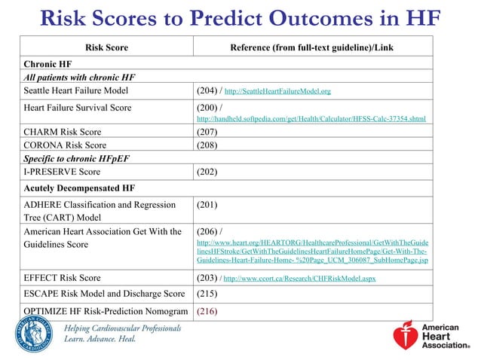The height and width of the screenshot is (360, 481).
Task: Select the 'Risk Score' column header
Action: click(106, 47)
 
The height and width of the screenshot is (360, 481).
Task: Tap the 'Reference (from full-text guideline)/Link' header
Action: click(312, 47)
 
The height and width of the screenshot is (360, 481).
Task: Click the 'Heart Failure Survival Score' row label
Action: click(78, 108)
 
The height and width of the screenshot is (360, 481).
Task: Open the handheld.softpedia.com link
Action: click(310, 119)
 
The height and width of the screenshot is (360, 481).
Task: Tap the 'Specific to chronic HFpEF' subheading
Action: click(73, 157)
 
